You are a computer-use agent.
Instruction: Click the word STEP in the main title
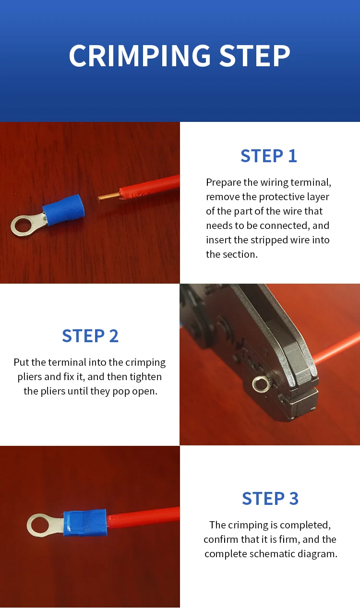coord(255,56)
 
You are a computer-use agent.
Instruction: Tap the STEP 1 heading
coord(269,156)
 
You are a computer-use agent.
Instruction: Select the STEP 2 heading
coord(90,335)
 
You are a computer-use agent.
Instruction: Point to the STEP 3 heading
coord(270,498)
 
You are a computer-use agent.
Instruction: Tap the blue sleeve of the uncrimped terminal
coord(64,210)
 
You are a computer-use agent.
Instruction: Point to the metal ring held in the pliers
coord(260,384)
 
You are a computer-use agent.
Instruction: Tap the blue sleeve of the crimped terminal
coord(84,522)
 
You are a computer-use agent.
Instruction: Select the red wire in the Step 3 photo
coord(143,518)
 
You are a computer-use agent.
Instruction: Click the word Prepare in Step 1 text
coord(224,182)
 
